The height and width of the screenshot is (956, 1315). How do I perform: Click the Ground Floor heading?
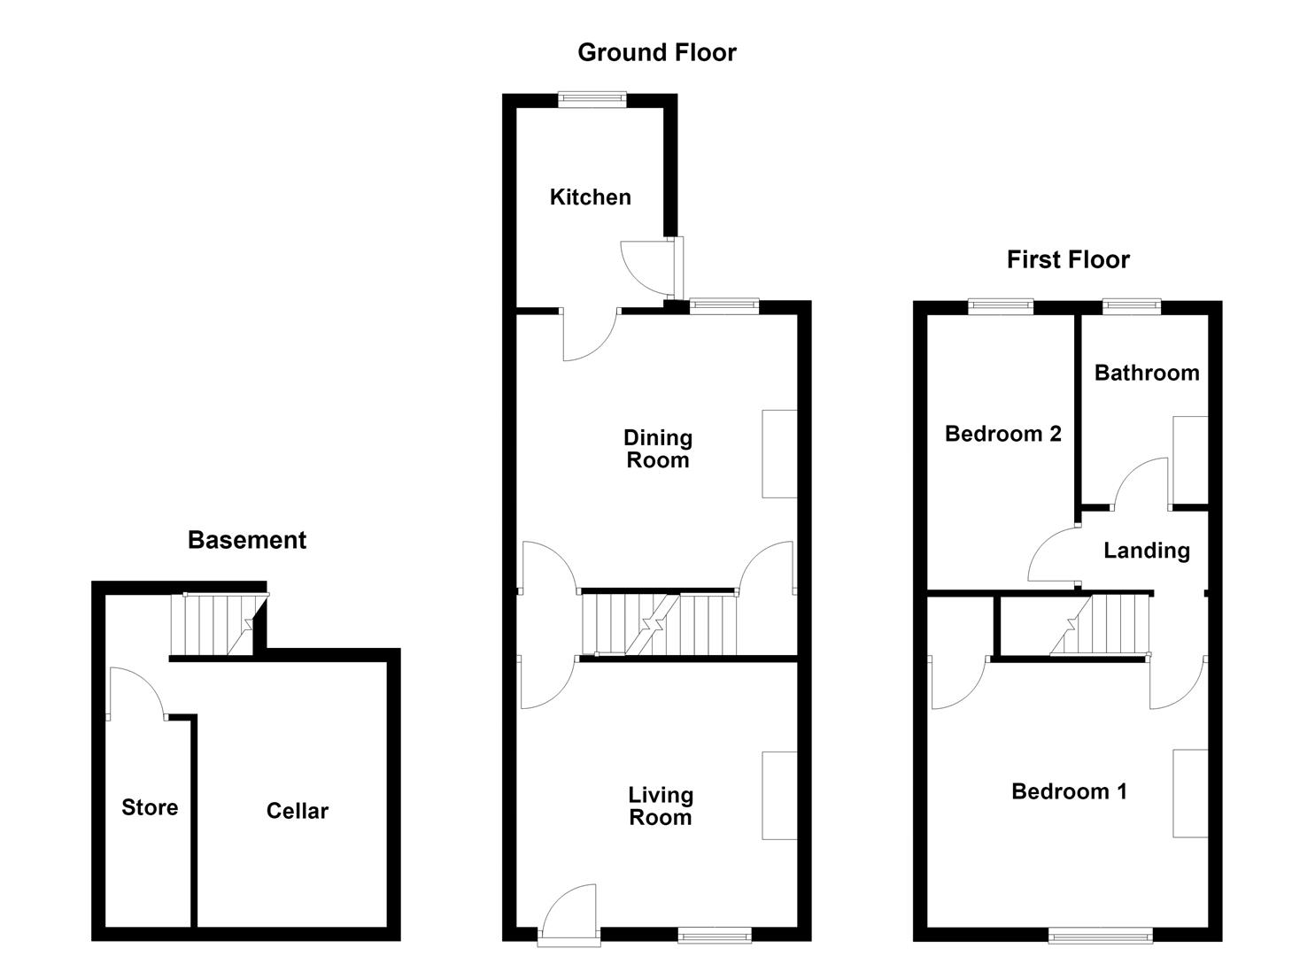tap(657, 53)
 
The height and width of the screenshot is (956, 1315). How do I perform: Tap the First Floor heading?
tap(1068, 260)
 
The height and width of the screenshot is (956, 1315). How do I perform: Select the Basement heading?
tap(247, 540)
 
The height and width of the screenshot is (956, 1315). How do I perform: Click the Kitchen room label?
tap(591, 197)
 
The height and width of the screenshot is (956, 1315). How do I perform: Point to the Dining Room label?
tap(658, 449)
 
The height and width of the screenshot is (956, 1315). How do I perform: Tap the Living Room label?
tap(661, 806)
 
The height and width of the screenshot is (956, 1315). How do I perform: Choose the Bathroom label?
tap(1147, 374)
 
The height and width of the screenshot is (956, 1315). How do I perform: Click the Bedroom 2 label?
tap(1003, 434)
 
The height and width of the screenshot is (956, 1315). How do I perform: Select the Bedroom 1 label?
tap(1069, 791)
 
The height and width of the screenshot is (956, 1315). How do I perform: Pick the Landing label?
tap(1147, 551)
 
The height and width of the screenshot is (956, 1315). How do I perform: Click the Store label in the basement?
tap(150, 807)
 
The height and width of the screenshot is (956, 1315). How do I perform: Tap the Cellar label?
tap(297, 811)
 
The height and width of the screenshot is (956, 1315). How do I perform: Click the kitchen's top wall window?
tap(592, 99)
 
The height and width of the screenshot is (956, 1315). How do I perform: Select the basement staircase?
tap(219, 624)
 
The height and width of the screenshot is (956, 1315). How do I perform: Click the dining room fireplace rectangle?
tap(779, 453)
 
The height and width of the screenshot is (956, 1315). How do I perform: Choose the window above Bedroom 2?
tap(1001, 306)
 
